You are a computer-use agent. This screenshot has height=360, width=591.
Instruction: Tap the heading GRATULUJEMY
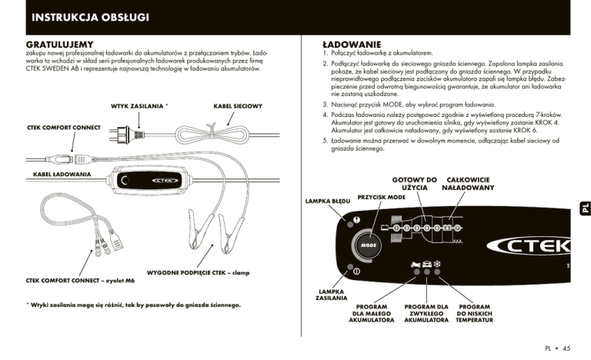[60, 45]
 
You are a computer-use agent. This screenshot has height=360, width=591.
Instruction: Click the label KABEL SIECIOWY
[238, 105]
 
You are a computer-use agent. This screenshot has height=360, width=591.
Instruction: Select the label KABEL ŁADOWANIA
[62, 175]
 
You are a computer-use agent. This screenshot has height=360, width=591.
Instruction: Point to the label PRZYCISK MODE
[382, 197]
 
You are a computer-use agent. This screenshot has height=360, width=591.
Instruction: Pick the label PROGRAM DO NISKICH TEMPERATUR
[473, 313]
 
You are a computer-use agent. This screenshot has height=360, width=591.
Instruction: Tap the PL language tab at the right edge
[584, 208]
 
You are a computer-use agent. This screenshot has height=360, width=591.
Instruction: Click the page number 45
[566, 348]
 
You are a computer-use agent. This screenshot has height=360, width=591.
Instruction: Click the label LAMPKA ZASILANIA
[331, 295]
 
